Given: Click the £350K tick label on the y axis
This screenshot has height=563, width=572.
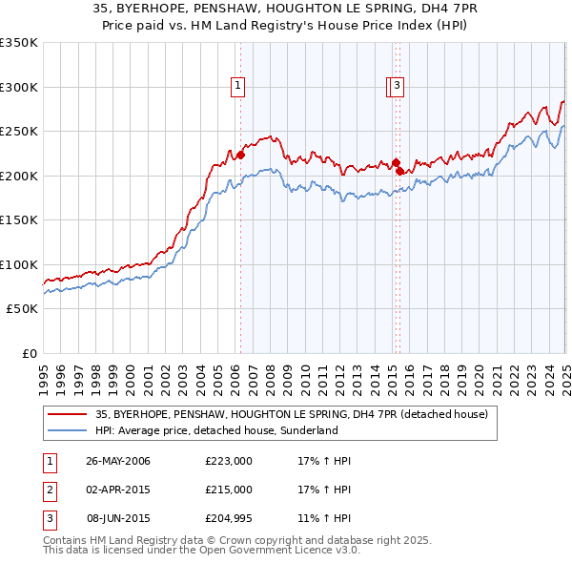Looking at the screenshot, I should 19,43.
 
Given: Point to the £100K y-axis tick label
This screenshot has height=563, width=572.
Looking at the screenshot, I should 19,264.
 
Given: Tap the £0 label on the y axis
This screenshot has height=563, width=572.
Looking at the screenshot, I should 28,353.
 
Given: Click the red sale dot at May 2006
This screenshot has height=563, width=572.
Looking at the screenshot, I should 240,156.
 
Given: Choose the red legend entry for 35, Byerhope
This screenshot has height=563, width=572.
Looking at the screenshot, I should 291,414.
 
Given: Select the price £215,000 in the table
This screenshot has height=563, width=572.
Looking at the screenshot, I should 229,490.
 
